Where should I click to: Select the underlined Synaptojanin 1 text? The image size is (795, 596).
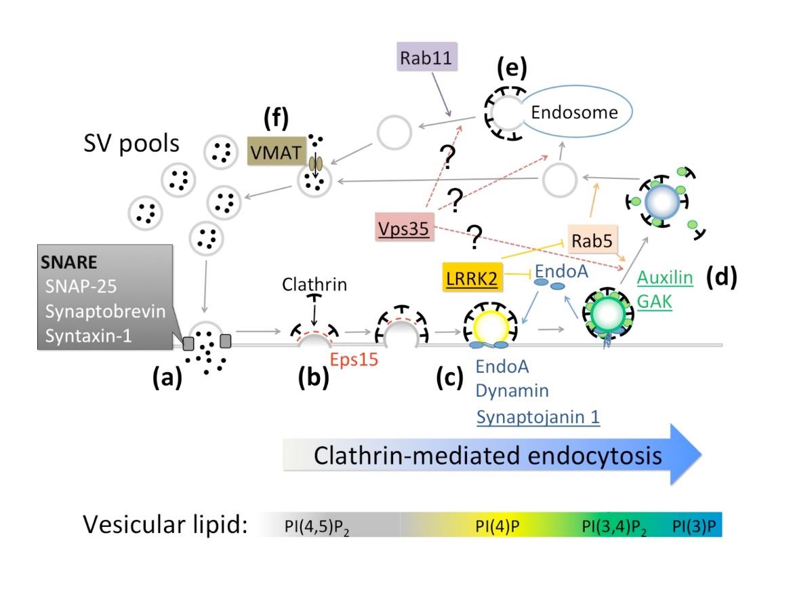pyautogui.click(x=538, y=416)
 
